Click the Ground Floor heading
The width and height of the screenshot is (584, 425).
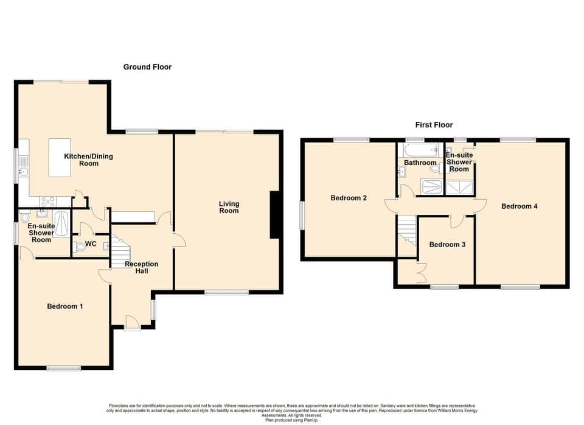coord(147,67)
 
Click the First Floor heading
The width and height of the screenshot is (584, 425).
coord(434,125)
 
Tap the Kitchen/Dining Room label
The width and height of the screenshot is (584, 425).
coord(89,160)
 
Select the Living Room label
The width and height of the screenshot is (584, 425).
coord(229,208)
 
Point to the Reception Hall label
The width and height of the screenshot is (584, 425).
coord(141,267)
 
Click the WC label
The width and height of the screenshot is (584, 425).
coord(91,244)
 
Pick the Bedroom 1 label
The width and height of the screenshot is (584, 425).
coord(65,306)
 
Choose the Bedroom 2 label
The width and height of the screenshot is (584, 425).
coord(349,198)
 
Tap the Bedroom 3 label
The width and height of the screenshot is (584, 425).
coord(447,245)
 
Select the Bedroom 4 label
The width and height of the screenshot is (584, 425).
coord(519,206)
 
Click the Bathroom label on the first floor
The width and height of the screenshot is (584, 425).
coord(420,163)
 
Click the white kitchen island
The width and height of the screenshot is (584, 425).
coord(60,158)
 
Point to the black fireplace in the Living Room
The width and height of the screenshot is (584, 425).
coord(275,213)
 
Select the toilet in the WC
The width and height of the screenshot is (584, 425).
coord(80,247)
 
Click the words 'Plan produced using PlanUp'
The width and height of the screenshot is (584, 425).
coord(291,420)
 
